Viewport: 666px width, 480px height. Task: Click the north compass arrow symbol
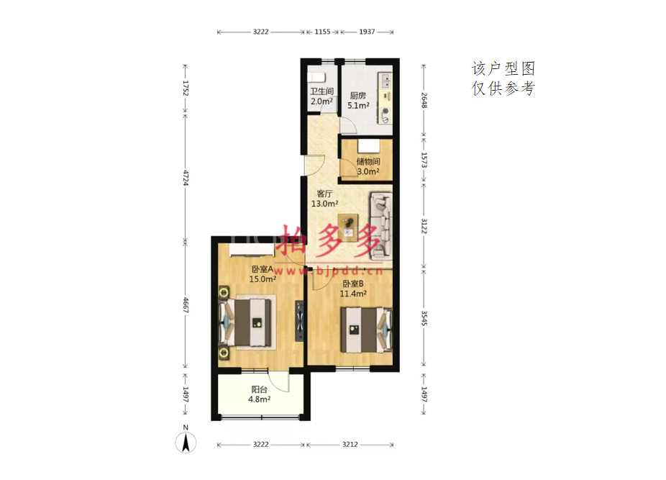point(186,442)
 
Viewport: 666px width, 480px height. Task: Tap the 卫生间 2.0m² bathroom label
point(321,96)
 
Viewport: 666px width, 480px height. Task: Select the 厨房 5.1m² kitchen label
point(358,101)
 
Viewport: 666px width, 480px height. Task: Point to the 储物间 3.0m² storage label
point(368,166)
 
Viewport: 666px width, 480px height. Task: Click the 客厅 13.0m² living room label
point(324,199)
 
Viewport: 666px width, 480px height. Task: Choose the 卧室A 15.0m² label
point(263,274)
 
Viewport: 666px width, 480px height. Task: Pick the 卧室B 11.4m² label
point(353,289)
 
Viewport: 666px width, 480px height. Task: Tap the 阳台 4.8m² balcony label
point(259,394)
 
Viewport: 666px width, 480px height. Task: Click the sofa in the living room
point(381,226)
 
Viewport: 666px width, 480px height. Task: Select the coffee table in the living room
point(348,226)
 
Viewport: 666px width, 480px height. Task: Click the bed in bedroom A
point(245,322)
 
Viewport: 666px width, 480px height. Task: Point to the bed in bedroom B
point(366,330)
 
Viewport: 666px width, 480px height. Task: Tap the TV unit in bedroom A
point(299,322)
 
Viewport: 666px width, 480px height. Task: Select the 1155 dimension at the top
point(322,32)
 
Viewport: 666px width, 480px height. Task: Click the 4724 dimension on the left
point(186,177)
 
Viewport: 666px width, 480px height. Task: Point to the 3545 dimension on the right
point(424,318)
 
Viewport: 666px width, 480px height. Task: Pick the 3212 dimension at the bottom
point(350,445)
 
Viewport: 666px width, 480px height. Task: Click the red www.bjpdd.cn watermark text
point(328,271)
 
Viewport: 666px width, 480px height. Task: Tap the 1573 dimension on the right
point(424,160)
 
